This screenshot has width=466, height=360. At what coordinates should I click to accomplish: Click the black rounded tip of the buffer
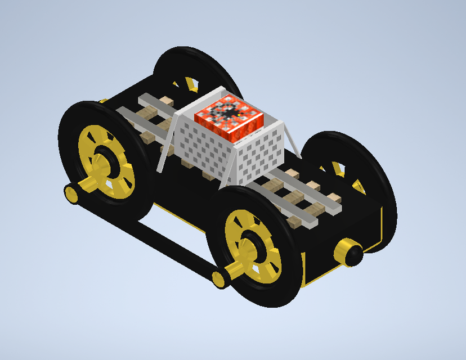[x=355, y=255]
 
